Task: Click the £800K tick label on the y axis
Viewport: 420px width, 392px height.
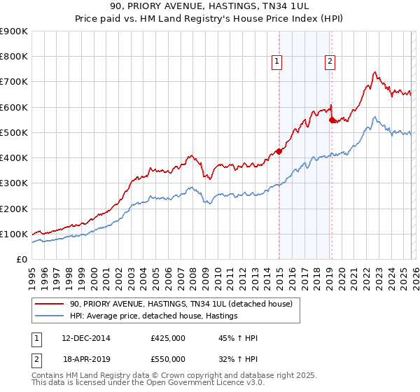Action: [x=14, y=57]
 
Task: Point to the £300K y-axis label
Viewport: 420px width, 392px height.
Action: [x=14, y=183]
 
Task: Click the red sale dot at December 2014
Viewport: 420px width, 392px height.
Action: [x=279, y=150]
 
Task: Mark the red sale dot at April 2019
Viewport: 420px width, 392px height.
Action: [x=332, y=119]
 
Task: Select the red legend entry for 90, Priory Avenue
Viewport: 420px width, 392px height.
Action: [x=185, y=304]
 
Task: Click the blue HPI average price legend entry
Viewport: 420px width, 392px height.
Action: [x=154, y=316]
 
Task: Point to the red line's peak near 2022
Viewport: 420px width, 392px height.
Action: [x=375, y=71]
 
